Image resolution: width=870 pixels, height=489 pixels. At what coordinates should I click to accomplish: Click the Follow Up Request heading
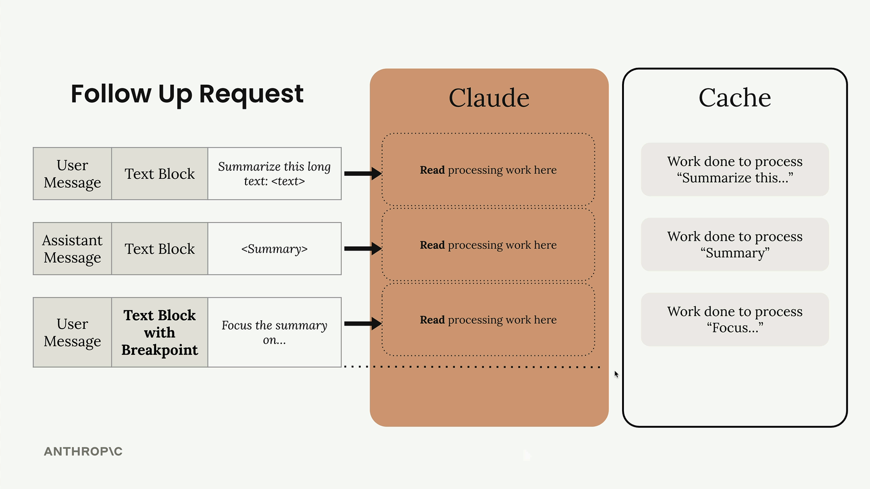(x=187, y=94)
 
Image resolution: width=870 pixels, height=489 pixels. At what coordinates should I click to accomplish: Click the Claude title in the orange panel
(x=489, y=98)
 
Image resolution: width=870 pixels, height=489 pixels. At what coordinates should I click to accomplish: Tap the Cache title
(x=735, y=97)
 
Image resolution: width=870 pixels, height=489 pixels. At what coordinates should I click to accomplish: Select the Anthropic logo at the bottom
(x=83, y=451)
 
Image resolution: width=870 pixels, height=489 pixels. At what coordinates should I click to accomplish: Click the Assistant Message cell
(x=72, y=249)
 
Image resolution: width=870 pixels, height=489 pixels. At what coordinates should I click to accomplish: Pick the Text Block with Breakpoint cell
(x=160, y=332)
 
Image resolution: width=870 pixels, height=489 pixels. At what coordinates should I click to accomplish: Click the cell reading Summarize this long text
(x=275, y=173)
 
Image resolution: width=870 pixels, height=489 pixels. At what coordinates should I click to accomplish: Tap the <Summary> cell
(x=275, y=249)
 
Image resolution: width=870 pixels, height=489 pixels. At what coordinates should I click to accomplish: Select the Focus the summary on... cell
(x=275, y=332)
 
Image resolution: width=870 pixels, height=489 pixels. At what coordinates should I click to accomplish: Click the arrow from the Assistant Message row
(x=363, y=248)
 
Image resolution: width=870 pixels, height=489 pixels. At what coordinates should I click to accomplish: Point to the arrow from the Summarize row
(x=363, y=173)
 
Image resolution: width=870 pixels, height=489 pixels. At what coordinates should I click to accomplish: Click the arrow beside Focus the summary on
(x=363, y=323)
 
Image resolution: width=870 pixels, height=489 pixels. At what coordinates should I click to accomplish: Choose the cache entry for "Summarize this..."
(x=735, y=169)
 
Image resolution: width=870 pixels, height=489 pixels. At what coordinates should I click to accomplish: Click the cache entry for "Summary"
(x=735, y=244)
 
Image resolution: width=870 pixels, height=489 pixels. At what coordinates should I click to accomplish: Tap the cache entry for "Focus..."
(x=735, y=320)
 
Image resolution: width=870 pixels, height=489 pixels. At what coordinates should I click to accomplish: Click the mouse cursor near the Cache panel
(x=616, y=374)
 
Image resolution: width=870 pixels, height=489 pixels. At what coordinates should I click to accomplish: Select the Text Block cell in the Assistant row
(x=160, y=249)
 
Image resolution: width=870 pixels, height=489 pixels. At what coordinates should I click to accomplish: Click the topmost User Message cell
(x=72, y=173)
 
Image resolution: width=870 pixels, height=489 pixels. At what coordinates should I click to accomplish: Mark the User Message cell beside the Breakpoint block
(x=72, y=332)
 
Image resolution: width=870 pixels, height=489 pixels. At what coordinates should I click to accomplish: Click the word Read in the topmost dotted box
(x=432, y=170)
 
